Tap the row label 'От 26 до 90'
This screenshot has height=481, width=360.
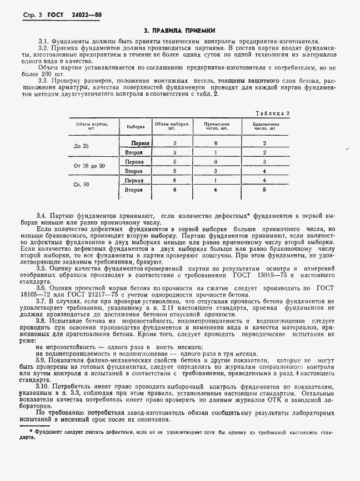point(89,166)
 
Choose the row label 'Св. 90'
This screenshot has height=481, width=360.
point(81,185)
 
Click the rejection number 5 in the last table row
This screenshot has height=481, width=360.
point(265,190)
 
